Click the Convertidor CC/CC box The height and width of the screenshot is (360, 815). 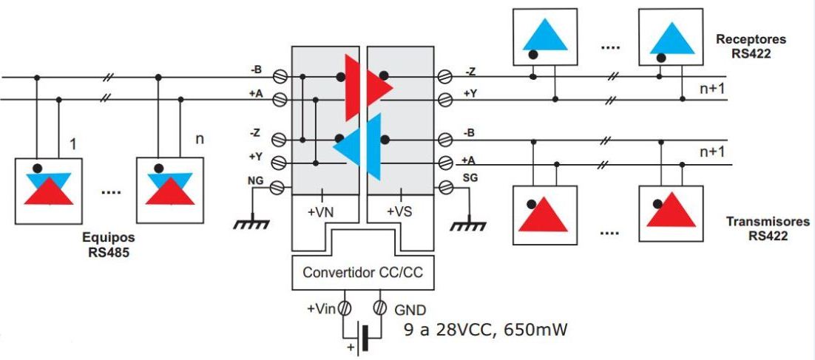click(362, 273)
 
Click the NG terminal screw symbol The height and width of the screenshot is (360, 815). click(279, 188)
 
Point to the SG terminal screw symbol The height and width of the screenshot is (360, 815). click(445, 188)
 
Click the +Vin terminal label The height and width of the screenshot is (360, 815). click(321, 310)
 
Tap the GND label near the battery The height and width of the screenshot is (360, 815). click(409, 310)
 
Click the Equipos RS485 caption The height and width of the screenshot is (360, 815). click(109, 245)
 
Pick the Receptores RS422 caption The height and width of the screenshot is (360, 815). click(751, 45)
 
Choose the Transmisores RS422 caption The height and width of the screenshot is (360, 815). click(755, 228)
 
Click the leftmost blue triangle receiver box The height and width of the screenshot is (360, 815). click(545, 37)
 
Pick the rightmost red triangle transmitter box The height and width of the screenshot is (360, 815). click(672, 214)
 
